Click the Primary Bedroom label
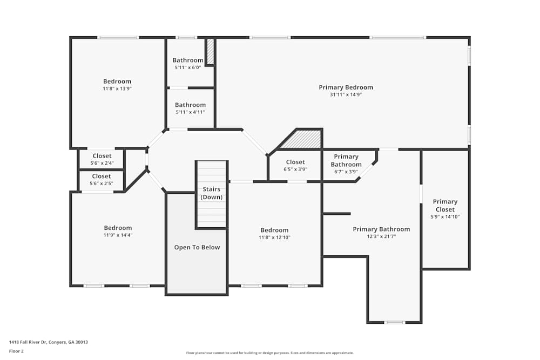coord(346,87)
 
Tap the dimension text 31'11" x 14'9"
coord(346,94)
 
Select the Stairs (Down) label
coord(212,193)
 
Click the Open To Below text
coord(197,247)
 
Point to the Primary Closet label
coord(445,205)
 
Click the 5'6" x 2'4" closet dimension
coord(102,163)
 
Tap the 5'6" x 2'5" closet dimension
coord(102,184)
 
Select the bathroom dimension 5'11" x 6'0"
coord(188,67)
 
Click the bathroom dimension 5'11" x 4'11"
coord(190,112)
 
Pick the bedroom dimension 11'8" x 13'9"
coord(117,89)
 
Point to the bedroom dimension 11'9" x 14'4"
coord(118,235)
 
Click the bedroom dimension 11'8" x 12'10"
coord(274,237)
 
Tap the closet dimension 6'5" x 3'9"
coord(295,169)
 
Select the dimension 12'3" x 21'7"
coord(381,236)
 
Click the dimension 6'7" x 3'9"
coord(346,172)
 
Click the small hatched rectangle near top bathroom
coord(211,51)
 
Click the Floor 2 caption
coord(16,351)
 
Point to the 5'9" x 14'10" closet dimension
coord(445,216)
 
